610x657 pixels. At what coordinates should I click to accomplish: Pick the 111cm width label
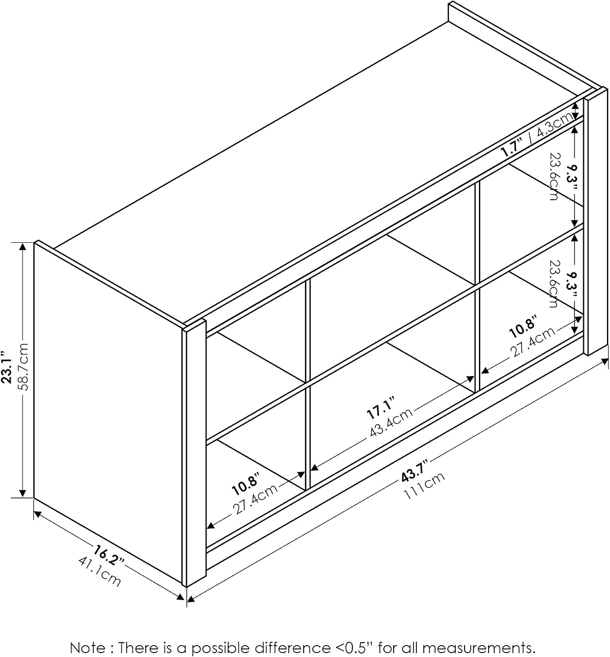click(x=424, y=486)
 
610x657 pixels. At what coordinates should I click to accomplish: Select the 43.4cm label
click(x=391, y=423)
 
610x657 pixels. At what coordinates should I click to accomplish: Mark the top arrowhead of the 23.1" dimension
click(x=22, y=247)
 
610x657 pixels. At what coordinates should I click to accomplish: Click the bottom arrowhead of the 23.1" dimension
click(x=22, y=492)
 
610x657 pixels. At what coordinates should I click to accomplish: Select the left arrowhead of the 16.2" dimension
click(x=38, y=514)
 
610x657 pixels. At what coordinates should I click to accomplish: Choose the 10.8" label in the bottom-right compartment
click(x=523, y=326)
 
